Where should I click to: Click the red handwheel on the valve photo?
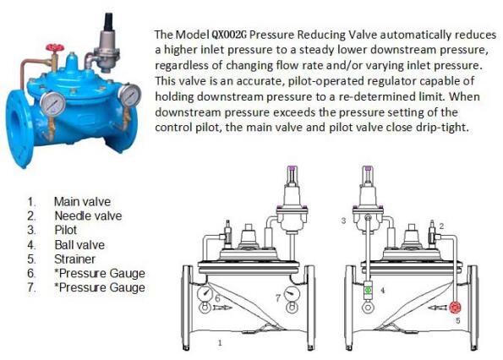pos(55,48)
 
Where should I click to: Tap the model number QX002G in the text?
pos(229,35)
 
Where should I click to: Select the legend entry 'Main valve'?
pos(82,202)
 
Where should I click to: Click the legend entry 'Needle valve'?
pos(88,215)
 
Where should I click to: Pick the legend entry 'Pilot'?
pos(65,230)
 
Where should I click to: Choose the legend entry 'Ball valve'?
pos(79,245)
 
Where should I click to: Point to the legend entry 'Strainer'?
pos(74,259)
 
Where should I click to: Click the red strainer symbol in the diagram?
pos(455,308)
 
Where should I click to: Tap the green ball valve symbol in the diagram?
pos(368,290)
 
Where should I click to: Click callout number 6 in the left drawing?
pos(217,298)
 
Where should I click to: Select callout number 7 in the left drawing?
pos(278,298)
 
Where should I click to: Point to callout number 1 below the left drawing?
pos(220,343)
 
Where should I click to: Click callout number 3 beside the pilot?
pos(343,221)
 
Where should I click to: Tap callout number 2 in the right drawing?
pos(441,226)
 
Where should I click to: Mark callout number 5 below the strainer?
pos(457,320)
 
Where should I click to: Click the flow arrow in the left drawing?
pos(221,308)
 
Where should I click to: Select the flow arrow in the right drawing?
pos(437,308)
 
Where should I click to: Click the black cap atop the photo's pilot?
pos(109,21)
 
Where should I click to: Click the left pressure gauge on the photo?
pos(53,102)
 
